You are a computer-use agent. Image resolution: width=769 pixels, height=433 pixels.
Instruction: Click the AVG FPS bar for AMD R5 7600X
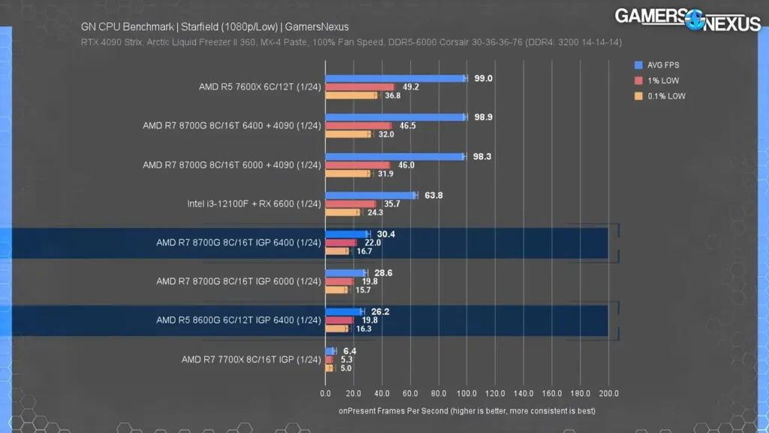[x=396, y=78]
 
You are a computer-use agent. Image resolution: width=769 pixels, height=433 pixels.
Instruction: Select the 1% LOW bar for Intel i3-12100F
[x=350, y=204]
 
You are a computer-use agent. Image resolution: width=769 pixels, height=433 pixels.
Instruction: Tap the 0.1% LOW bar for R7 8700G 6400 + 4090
[x=348, y=135]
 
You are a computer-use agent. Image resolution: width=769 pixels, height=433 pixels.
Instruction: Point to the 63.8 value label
[x=433, y=195]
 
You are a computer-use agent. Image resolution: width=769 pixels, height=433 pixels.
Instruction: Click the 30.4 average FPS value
[x=386, y=234]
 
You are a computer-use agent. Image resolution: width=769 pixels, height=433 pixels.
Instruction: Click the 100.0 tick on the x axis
[x=466, y=393]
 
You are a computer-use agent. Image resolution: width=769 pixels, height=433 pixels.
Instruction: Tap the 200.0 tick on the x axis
[x=608, y=393]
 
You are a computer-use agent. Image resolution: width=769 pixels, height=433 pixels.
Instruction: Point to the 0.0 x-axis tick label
[x=325, y=393]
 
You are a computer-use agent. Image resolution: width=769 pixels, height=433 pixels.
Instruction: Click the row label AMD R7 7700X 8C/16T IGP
[x=251, y=360]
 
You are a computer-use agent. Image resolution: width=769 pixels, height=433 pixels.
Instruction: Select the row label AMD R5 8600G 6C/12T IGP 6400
[x=239, y=320]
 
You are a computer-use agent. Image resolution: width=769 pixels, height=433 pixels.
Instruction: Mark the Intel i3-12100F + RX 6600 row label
[x=254, y=204]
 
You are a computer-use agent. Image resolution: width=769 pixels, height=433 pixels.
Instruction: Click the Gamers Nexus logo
[x=687, y=20]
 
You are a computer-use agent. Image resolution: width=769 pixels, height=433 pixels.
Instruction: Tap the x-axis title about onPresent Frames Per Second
[x=466, y=410]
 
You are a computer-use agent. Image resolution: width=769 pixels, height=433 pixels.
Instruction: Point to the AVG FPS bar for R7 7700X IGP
[x=330, y=351]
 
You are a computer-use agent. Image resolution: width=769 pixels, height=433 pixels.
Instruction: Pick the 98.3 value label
[x=481, y=156]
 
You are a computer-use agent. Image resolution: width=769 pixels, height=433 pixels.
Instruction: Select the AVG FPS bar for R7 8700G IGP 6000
[x=345, y=273]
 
